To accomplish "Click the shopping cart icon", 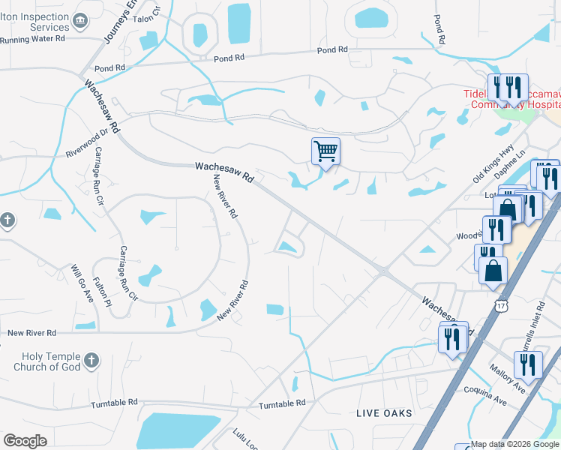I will click(325, 151).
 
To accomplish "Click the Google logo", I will click(25, 440).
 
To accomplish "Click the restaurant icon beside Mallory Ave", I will click(529, 365).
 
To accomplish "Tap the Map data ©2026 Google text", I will click(514, 444).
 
